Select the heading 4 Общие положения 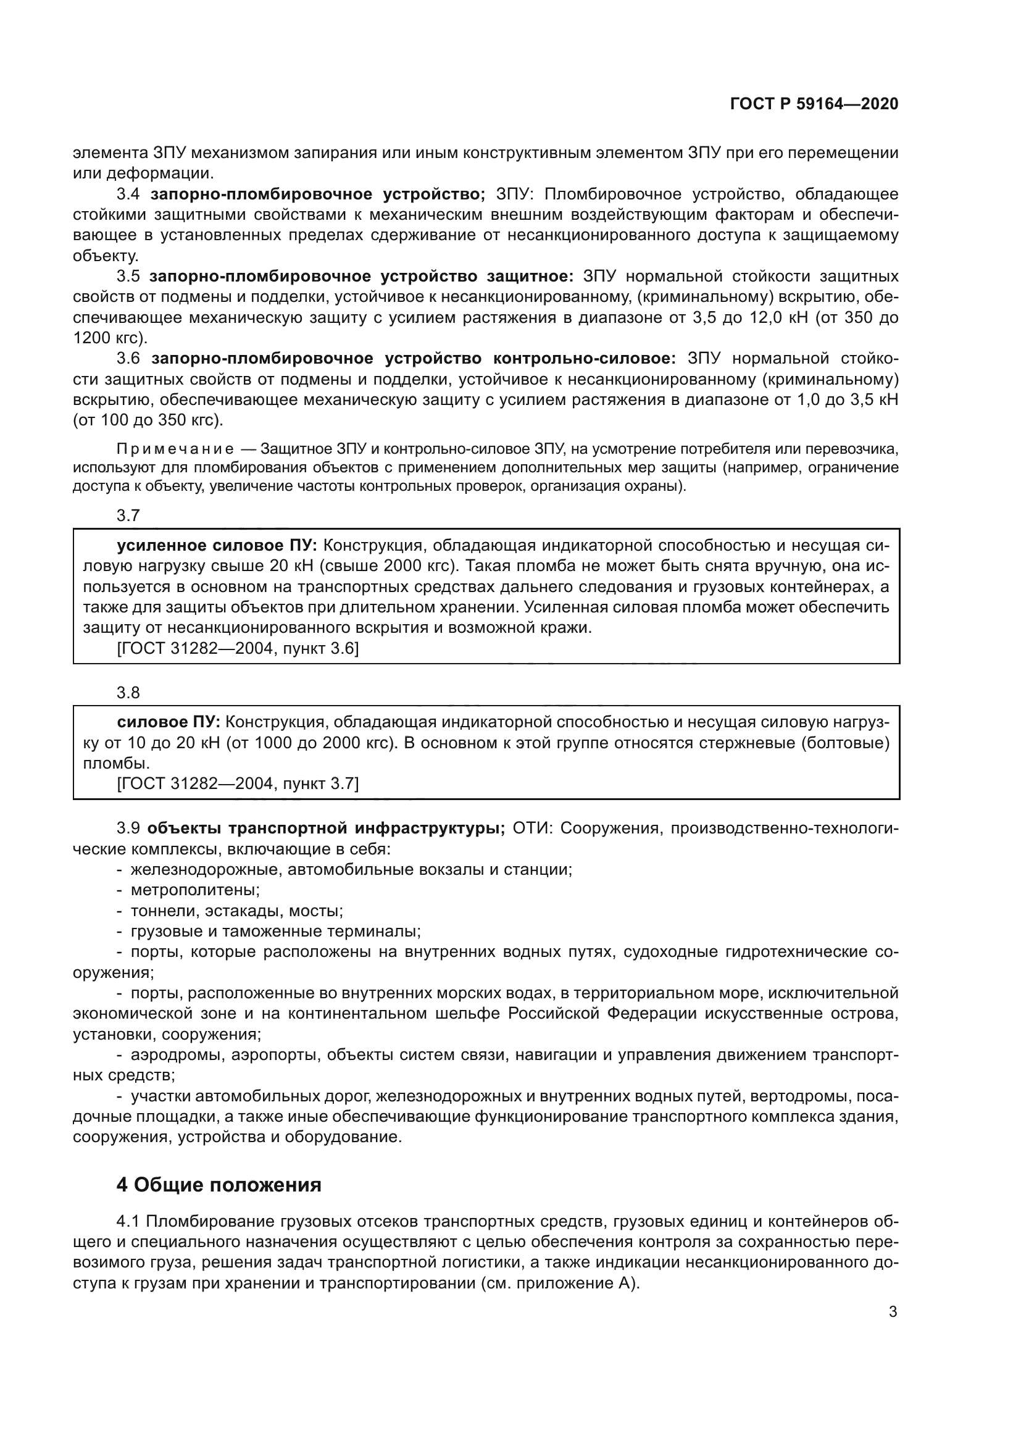[x=219, y=1185]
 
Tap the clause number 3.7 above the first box [x=128, y=515]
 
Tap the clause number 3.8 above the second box [x=128, y=693]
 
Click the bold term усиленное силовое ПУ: [x=217, y=545]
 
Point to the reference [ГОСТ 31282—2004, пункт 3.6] [x=238, y=648]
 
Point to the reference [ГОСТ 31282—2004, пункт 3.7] [x=238, y=783]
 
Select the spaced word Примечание [x=175, y=449]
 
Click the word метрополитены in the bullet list [x=195, y=890]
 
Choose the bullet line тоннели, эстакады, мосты [x=236, y=911]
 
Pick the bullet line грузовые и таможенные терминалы [x=275, y=932]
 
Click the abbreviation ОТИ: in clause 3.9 [x=532, y=828]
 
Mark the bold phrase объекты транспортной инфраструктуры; [x=327, y=828]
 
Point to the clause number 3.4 [x=128, y=194]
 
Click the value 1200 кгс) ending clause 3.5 [x=110, y=338]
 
